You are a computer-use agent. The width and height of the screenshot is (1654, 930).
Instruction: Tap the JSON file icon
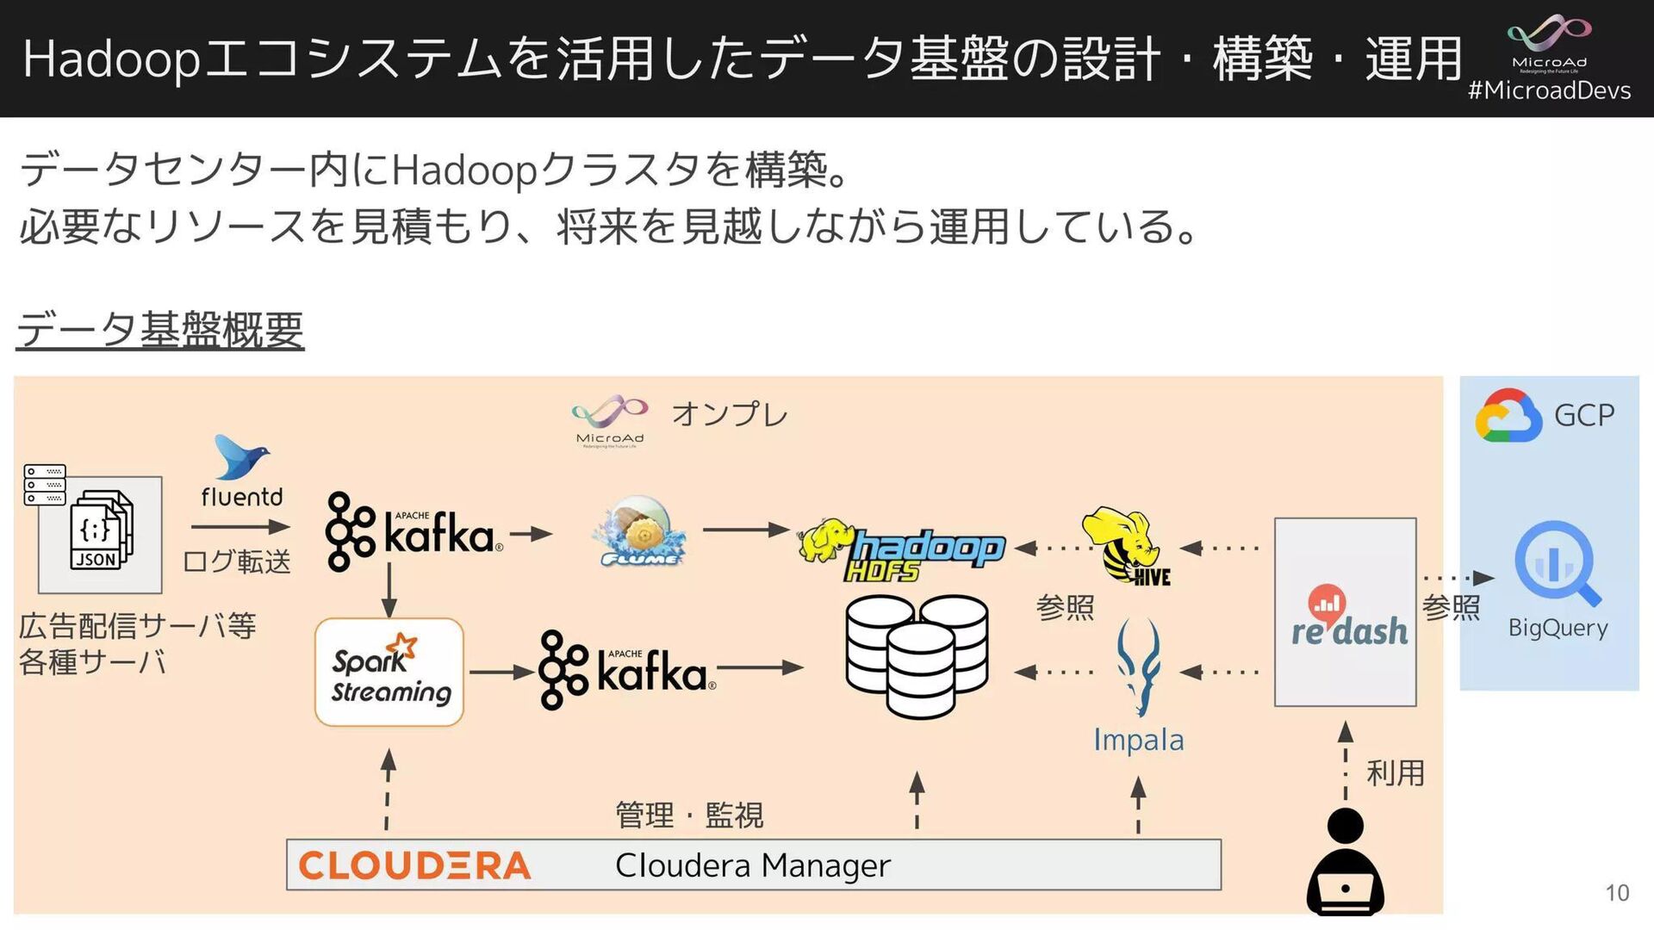click(101, 530)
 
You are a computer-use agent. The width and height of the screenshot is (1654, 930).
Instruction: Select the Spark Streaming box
click(389, 673)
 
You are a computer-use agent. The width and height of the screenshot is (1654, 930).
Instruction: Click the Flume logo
click(638, 532)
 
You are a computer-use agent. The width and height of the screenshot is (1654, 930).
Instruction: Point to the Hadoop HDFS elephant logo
click(900, 549)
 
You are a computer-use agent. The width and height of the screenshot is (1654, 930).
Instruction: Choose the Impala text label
click(1138, 740)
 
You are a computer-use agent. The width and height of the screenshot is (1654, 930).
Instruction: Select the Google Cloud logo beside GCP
click(1508, 416)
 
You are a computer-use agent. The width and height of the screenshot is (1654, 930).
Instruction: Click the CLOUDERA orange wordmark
click(414, 865)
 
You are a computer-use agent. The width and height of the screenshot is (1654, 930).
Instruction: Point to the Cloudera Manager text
click(752, 865)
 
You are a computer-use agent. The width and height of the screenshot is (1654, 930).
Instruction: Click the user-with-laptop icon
click(1345, 862)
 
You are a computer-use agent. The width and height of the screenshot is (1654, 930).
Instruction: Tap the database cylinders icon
click(917, 655)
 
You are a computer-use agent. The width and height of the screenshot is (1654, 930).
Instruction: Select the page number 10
click(1617, 893)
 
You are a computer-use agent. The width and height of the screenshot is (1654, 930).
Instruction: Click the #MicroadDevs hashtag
click(1549, 91)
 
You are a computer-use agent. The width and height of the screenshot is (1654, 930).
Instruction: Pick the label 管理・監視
click(689, 815)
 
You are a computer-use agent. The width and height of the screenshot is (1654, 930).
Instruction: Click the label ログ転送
click(237, 561)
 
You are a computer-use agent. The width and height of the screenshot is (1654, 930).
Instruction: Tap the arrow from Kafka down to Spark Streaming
click(389, 590)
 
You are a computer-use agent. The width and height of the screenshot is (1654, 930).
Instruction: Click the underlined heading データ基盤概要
click(160, 330)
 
